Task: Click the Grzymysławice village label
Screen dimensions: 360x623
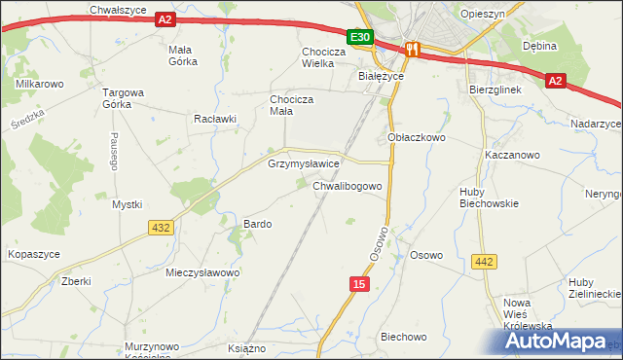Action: [x=303, y=164]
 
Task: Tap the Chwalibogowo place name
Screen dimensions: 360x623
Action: [x=352, y=184]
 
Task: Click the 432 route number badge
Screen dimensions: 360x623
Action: [x=162, y=227]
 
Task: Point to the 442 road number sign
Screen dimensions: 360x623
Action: [x=484, y=262]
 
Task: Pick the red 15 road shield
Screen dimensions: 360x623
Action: [x=359, y=283]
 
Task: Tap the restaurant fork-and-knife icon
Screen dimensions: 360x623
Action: [x=412, y=50]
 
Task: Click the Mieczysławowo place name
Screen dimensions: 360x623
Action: [x=202, y=273]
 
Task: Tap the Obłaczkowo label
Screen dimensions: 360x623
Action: [x=417, y=138]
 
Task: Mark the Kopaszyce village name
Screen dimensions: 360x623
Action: [x=34, y=254]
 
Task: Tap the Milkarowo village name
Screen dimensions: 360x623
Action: [x=40, y=84]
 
